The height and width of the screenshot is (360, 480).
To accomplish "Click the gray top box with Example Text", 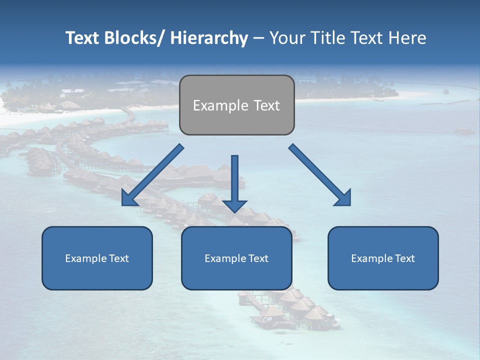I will click(236, 105).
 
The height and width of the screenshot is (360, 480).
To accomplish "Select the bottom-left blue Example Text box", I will click(97, 258).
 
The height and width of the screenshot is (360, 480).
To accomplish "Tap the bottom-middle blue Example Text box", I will click(236, 258).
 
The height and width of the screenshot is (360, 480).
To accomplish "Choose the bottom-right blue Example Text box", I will click(383, 258).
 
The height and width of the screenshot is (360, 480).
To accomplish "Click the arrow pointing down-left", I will click(152, 175).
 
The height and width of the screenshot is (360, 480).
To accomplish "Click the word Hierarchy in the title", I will click(209, 38).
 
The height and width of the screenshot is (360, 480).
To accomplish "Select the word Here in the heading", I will click(407, 38).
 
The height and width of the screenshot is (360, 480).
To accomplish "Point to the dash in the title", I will click(258, 38).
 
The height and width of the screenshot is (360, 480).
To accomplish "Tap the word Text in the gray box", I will click(266, 105).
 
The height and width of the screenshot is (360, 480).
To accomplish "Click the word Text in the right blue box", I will click(404, 258).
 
